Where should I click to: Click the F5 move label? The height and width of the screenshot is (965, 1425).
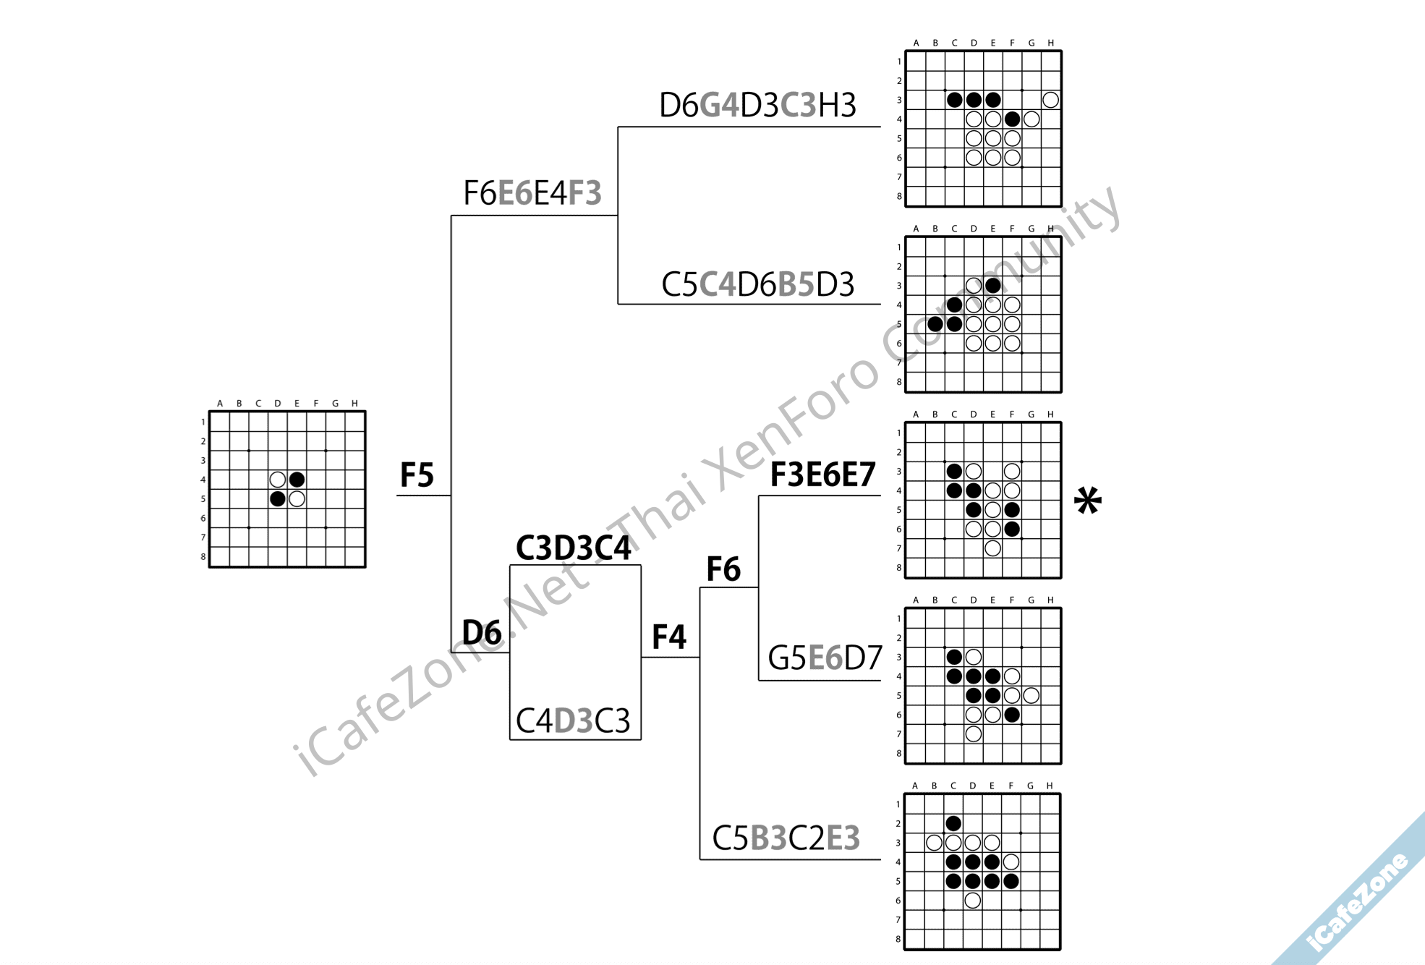pyautogui.click(x=417, y=475)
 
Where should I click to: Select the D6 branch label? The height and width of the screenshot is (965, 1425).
pyautogui.click(x=481, y=632)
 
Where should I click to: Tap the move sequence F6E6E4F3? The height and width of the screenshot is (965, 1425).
pyautogui.click(x=532, y=193)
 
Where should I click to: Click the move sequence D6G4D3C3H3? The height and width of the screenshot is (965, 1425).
pyautogui.click(x=757, y=106)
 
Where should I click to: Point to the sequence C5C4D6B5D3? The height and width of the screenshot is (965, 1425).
pyautogui.click(x=757, y=285)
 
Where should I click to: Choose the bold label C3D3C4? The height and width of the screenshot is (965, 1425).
pyautogui.click(x=573, y=548)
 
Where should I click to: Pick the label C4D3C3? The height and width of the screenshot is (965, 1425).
pyautogui.click(x=573, y=721)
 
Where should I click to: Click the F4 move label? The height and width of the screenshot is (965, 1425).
pyautogui.click(x=668, y=637)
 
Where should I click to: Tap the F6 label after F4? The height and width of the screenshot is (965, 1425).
pyautogui.click(x=723, y=569)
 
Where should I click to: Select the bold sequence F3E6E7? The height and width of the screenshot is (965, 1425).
pyautogui.click(x=822, y=475)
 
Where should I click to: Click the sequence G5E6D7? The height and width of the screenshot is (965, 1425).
pyautogui.click(x=825, y=658)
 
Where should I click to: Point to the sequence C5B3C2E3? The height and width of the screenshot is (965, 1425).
pyautogui.click(x=786, y=838)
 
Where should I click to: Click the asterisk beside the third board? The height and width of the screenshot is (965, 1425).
pyautogui.click(x=1087, y=502)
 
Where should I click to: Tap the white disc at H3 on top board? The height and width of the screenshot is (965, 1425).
pyautogui.click(x=1050, y=100)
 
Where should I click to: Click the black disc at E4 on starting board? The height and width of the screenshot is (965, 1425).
pyautogui.click(x=297, y=480)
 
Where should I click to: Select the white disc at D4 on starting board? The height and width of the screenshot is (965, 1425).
pyautogui.click(x=277, y=480)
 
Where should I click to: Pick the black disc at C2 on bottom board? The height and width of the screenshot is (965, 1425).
pyautogui.click(x=953, y=823)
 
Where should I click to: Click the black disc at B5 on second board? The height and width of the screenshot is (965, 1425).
pyautogui.click(x=935, y=324)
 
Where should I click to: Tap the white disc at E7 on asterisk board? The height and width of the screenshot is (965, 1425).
pyautogui.click(x=992, y=548)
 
